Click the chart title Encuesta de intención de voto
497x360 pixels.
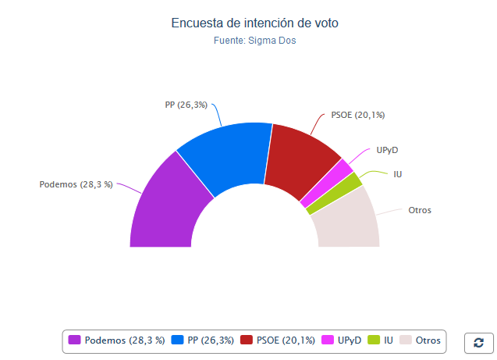coord(254,23)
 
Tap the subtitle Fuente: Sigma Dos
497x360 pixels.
coord(254,41)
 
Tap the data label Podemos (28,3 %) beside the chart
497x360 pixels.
coord(76,184)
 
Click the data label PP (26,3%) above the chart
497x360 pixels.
coord(186,105)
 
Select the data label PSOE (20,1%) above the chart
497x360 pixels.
coord(358,115)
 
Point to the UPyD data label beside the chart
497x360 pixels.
coord(388,149)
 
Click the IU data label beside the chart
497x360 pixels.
coord(398,173)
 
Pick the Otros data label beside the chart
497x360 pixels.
coord(420,210)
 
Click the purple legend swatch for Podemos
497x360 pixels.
coord(75,340)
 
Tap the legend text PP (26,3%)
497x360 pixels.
coord(210,340)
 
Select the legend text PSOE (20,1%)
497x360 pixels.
coord(286,340)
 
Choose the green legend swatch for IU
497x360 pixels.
coord(374,340)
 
